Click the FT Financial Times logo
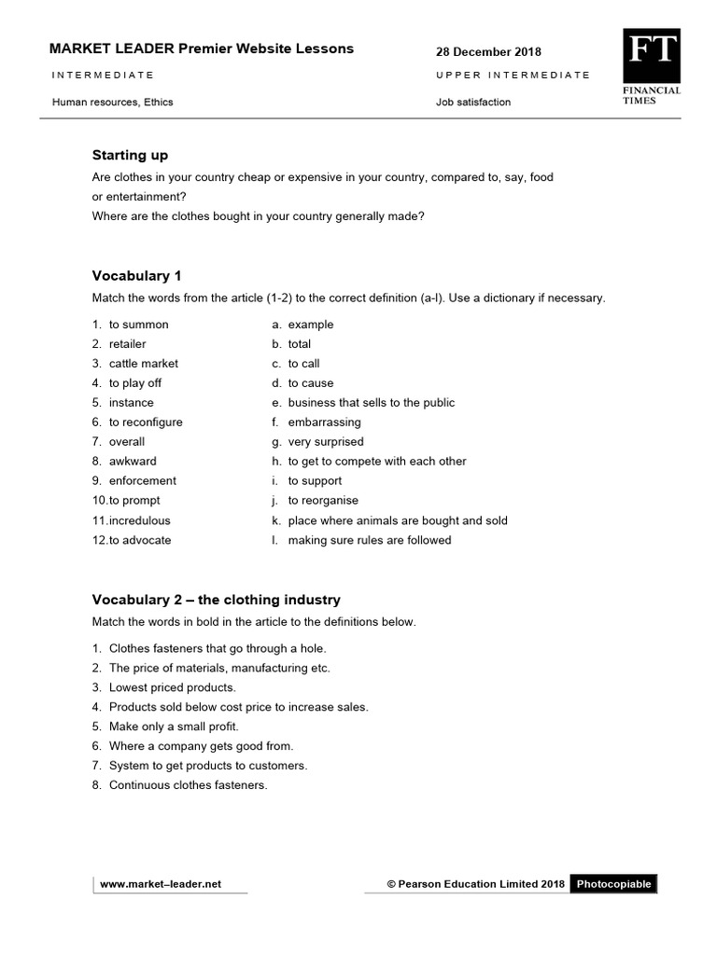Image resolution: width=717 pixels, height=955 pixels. [652, 66]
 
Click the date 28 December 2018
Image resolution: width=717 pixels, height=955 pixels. [488, 52]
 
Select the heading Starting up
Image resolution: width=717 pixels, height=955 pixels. [130, 155]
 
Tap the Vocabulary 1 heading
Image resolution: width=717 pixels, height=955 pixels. [136, 275]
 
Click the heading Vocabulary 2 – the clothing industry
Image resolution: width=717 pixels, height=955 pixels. [216, 600]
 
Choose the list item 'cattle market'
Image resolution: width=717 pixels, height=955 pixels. [143, 364]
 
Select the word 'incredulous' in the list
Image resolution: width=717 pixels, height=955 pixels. [139, 520]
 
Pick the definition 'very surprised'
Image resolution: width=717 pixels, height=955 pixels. [325, 442]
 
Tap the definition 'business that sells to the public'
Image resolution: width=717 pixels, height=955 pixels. [371, 403]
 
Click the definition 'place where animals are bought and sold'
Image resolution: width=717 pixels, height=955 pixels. [397, 520]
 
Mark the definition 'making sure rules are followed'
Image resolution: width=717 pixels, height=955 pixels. [369, 540]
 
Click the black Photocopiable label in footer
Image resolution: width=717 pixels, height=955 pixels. [613, 884]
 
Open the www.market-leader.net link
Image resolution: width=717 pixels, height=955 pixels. [161, 884]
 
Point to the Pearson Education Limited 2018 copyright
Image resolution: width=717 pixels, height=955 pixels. [476, 884]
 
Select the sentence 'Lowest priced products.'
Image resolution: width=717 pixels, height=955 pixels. [172, 687]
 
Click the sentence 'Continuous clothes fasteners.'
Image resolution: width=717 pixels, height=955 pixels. [188, 785]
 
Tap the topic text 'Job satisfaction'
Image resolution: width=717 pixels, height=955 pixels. [473, 103]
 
